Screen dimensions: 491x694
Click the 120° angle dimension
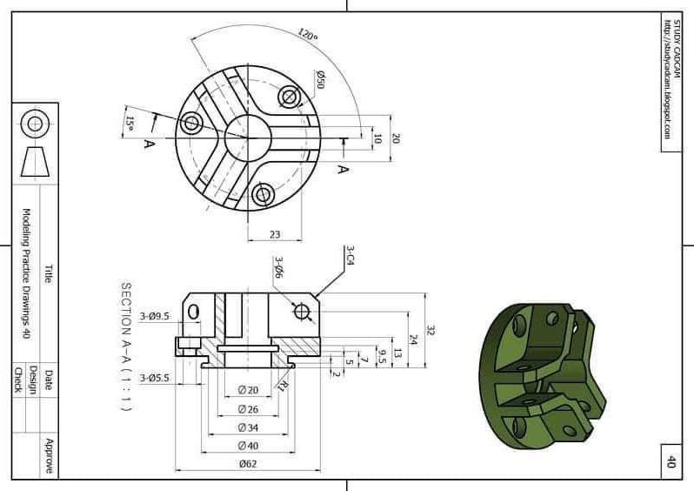307,36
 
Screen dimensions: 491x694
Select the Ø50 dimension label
320,80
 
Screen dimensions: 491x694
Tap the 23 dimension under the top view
274,233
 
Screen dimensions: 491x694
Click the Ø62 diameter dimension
248,464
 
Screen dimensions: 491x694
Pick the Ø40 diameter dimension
248,446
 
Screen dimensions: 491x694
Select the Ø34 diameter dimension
248,427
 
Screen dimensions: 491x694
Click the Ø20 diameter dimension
248,390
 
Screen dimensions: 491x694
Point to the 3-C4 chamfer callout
350,254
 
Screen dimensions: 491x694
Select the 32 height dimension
430,331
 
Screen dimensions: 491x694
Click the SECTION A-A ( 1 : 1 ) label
127,346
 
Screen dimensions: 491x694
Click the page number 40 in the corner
671,461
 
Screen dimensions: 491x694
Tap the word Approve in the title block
49,455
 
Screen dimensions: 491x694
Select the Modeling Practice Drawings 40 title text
26,273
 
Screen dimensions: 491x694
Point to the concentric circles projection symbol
35,123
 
